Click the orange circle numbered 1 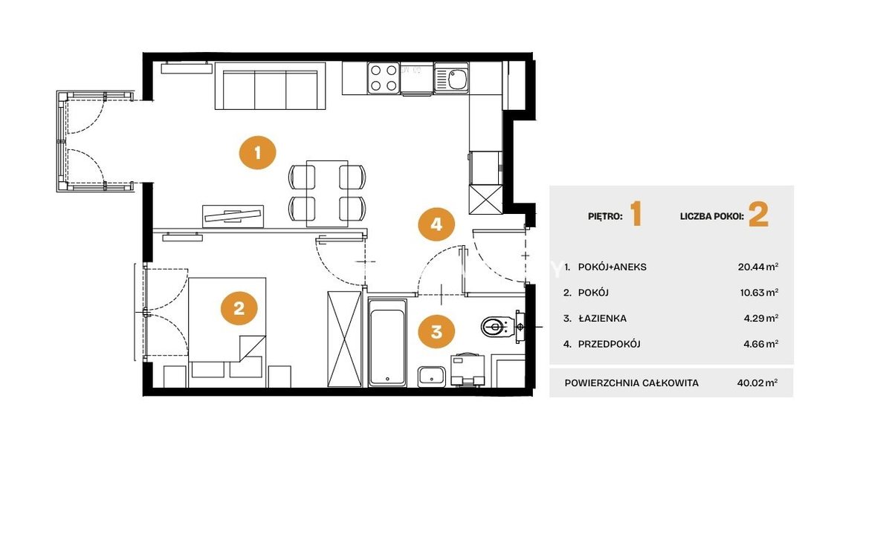[x=257, y=153]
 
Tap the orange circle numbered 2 [x=239, y=308]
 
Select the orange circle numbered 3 [x=436, y=331]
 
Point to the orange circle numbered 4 [x=436, y=224]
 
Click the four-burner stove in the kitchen [x=384, y=78]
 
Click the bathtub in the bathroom [x=387, y=343]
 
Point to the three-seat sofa [x=271, y=85]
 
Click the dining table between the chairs [x=327, y=194]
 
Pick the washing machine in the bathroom [x=468, y=370]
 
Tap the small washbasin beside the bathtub [x=432, y=377]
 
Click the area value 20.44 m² [x=758, y=267]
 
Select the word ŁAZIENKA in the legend [x=603, y=318]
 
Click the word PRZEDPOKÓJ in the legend [x=610, y=344]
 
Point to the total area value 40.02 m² [x=757, y=383]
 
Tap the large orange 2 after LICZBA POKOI [x=759, y=214]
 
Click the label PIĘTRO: [x=605, y=216]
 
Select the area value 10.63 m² [x=760, y=293]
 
